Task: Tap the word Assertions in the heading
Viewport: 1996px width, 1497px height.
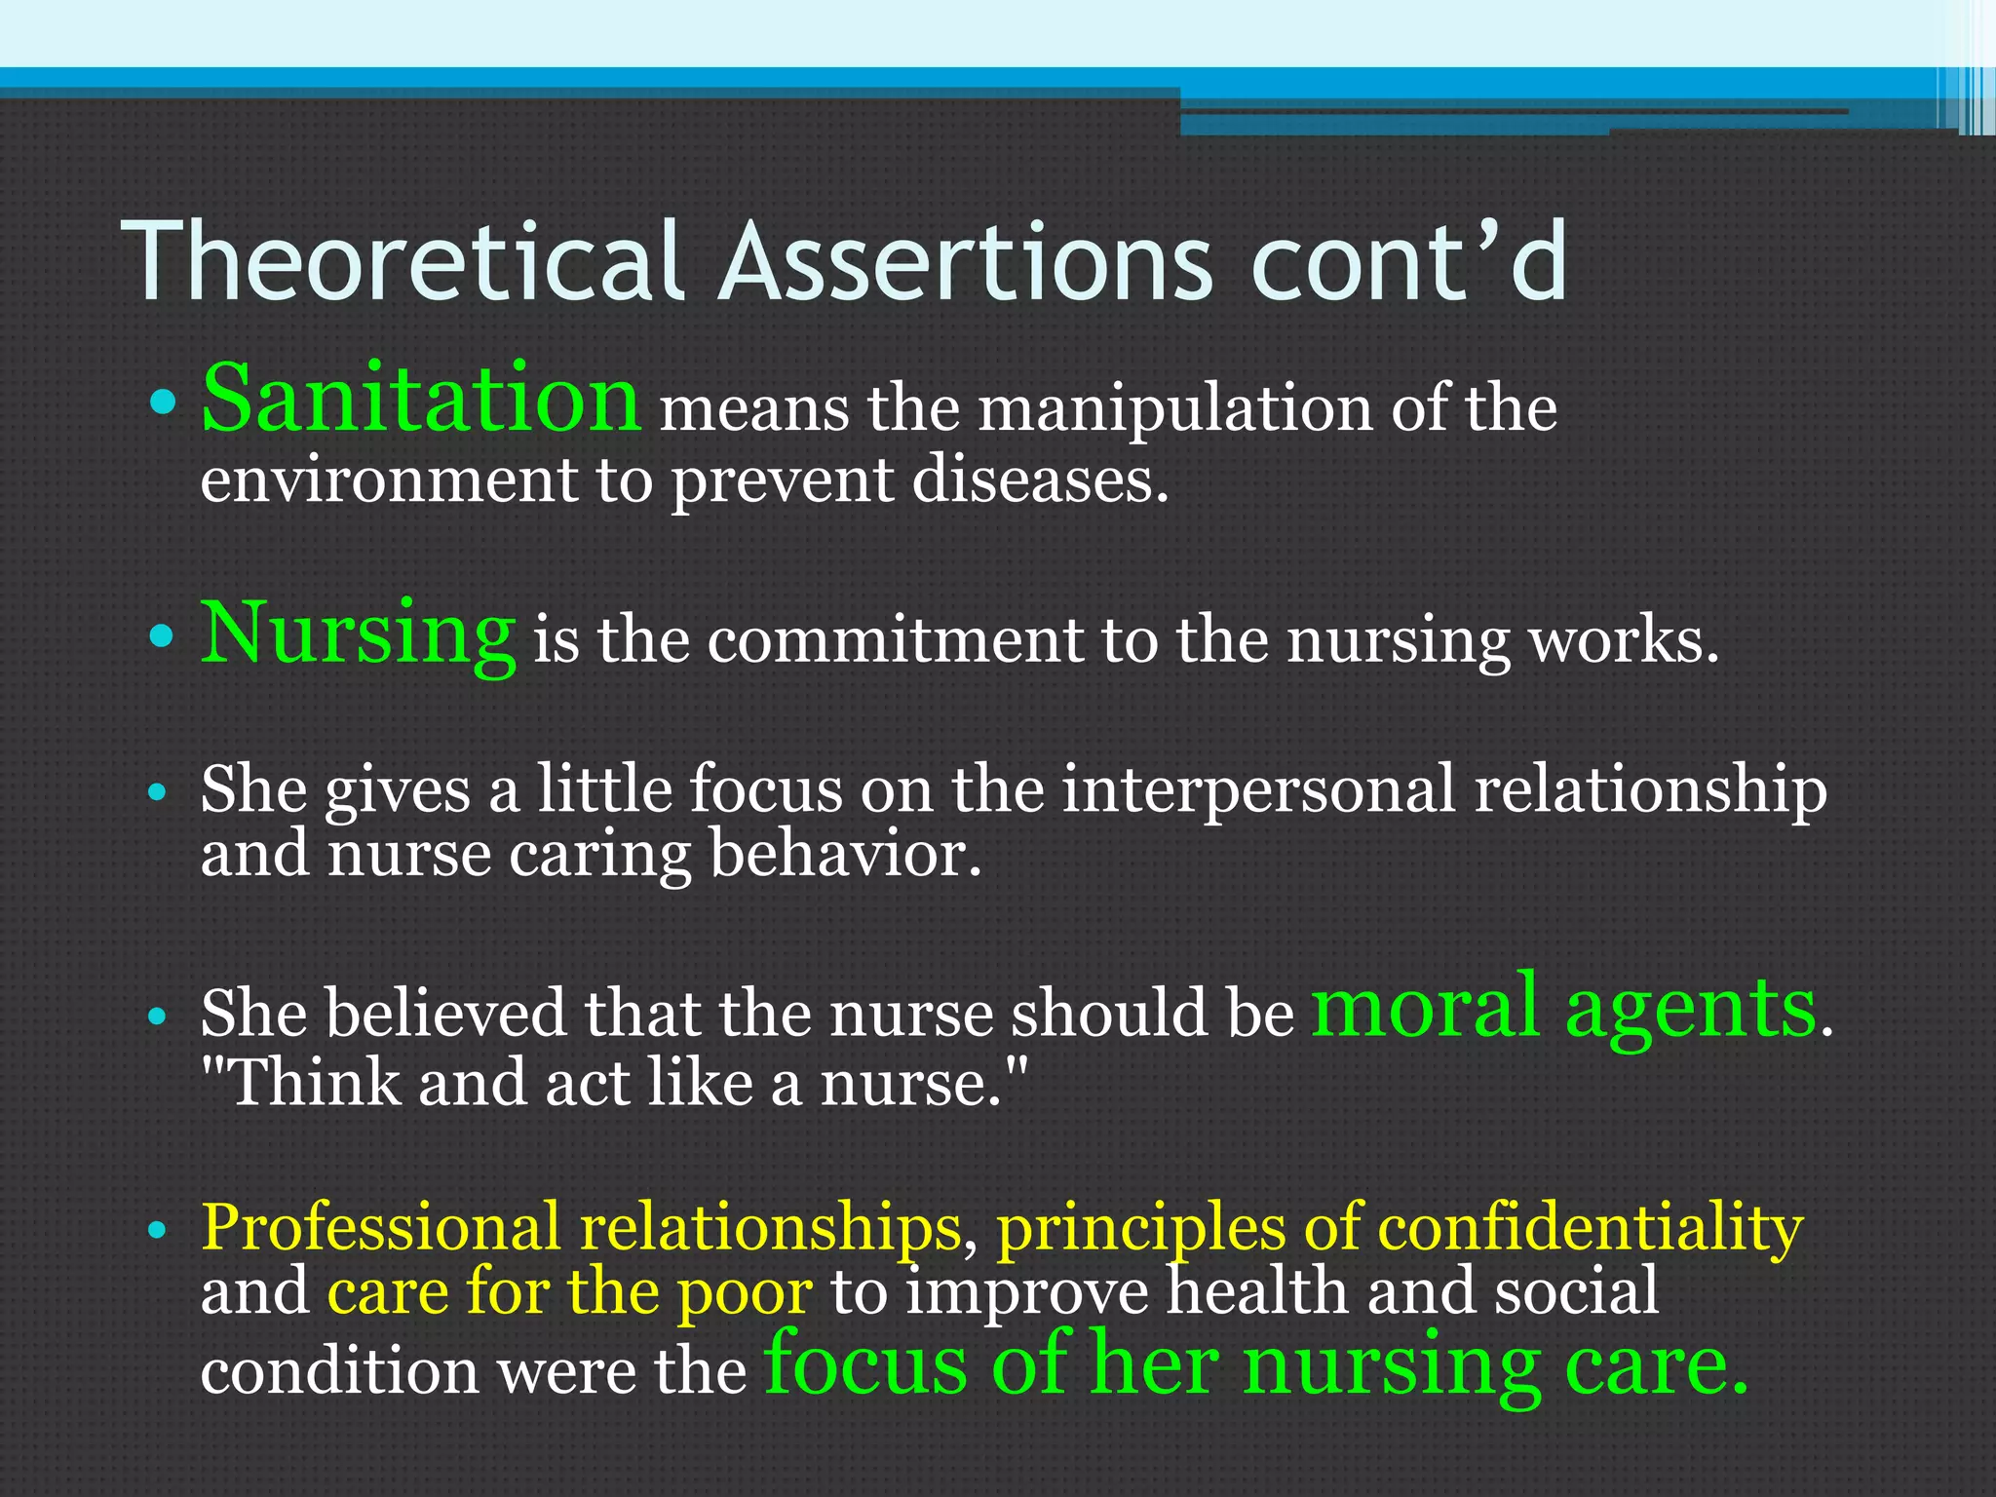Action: point(965,261)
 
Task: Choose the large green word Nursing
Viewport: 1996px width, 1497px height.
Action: point(357,633)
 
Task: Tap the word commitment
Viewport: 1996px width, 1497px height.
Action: point(895,641)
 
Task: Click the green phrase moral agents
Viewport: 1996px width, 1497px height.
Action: point(1563,1008)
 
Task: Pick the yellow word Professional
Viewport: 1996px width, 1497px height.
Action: point(380,1228)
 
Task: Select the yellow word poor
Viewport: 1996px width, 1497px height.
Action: point(745,1292)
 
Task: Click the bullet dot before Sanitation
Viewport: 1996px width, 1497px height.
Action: point(164,402)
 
